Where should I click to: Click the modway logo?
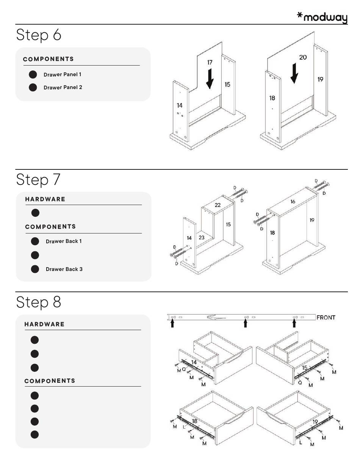(x=322, y=17)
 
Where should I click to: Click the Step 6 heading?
(x=39, y=35)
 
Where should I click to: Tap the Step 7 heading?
(x=38, y=180)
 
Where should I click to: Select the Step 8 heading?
(x=39, y=302)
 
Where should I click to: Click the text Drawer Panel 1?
(x=62, y=75)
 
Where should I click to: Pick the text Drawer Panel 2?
(x=63, y=88)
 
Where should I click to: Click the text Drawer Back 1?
(x=64, y=241)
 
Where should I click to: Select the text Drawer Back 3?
(x=64, y=269)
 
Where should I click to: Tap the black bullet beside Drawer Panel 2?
(x=33, y=88)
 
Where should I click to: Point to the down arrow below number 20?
(x=294, y=74)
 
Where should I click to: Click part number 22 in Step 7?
(x=218, y=205)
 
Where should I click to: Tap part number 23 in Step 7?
(x=202, y=238)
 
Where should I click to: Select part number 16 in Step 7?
(x=293, y=202)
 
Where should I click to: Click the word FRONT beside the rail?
(x=326, y=318)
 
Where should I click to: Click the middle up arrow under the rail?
(x=246, y=323)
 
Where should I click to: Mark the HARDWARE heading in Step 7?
(x=45, y=199)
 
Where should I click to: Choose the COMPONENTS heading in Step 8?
(x=50, y=381)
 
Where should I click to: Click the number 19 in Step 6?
(x=320, y=80)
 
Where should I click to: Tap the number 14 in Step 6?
(x=180, y=105)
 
